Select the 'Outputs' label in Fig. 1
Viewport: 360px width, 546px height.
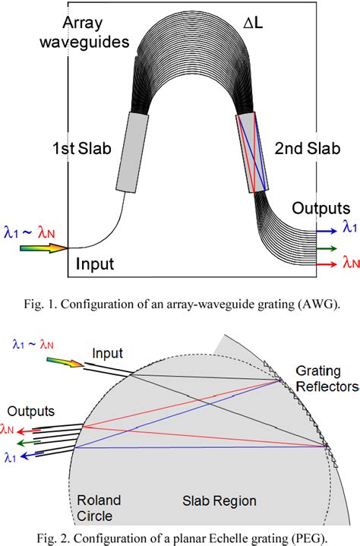(x=321, y=208)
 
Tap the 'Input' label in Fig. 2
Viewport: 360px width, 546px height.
(x=107, y=353)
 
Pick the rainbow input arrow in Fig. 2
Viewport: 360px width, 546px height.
(x=63, y=364)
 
